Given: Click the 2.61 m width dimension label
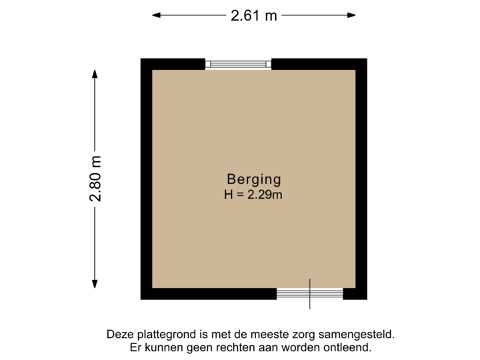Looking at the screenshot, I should tap(253, 15).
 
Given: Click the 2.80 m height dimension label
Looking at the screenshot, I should tap(97, 178).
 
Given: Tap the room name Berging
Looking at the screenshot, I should tap(253, 179).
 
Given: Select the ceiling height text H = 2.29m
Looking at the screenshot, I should tap(253, 195).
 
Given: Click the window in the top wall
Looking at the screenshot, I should tap(238, 64).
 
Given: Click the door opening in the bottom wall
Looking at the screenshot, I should tap(309, 294).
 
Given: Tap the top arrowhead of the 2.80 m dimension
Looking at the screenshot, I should tap(97, 72).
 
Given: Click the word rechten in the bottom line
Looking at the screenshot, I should tap(225, 347).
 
